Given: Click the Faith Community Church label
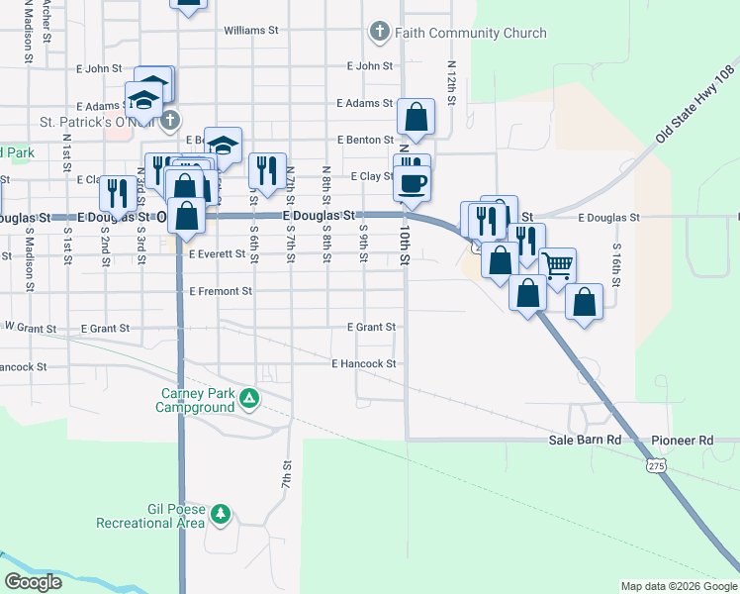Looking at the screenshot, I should [x=470, y=33].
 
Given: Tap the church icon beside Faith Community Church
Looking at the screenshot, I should [x=379, y=33].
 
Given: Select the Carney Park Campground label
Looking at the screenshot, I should [x=199, y=400].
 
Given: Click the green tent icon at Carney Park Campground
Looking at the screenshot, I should [x=249, y=399].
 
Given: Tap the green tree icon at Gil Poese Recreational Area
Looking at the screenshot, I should [x=221, y=515].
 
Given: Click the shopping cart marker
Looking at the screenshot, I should [x=558, y=264].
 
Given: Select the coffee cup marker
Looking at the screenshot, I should [x=412, y=182].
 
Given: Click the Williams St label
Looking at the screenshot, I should [x=250, y=31].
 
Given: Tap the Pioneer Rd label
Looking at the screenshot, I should [x=682, y=440].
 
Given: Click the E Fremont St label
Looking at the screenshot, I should [x=221, y=292].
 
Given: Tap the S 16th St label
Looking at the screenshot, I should [x=616, y=264].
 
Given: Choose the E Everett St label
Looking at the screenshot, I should [x=217, y=254].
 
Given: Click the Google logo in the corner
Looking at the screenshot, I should [x=34, y=582].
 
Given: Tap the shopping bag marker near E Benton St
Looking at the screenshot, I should [x=416, y=118].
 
